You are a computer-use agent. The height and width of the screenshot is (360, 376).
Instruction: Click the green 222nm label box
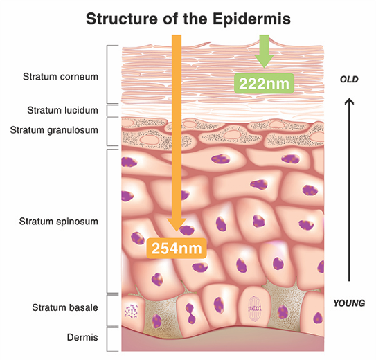pos(264,83)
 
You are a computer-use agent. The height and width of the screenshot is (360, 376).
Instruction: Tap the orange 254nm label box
pos(177,248)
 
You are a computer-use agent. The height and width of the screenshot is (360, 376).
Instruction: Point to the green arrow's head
pos(264,62)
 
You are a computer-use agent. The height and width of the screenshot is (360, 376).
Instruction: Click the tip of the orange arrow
pos(177,231)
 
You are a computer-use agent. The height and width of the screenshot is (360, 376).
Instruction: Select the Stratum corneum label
pos(60,77)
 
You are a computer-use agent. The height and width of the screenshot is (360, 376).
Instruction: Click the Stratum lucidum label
pos(62,110)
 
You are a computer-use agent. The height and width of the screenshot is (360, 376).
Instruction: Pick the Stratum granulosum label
pos(54,130)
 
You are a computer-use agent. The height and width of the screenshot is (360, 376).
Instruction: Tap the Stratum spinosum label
pos(58,222)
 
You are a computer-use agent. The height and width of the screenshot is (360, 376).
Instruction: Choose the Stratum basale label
pos(65,307)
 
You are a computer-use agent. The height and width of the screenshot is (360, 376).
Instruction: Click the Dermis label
pos(82,337)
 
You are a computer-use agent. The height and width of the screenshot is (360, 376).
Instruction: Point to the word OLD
pos(349,80)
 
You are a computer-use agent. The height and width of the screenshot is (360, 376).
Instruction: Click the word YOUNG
pos(349,303)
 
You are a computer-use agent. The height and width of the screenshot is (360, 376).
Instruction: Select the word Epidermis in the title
pos(251,19)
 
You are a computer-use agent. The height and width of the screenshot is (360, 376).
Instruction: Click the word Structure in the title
pos(123,19)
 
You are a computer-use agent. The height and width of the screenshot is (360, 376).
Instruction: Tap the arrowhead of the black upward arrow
pos(349,101)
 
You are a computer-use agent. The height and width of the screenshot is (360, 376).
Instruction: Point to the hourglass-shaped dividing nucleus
pos(190,314)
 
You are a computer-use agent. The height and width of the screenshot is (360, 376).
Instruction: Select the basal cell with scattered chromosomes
pos(133,312)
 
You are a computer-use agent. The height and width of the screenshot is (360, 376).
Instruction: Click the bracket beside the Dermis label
pos(107,339)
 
